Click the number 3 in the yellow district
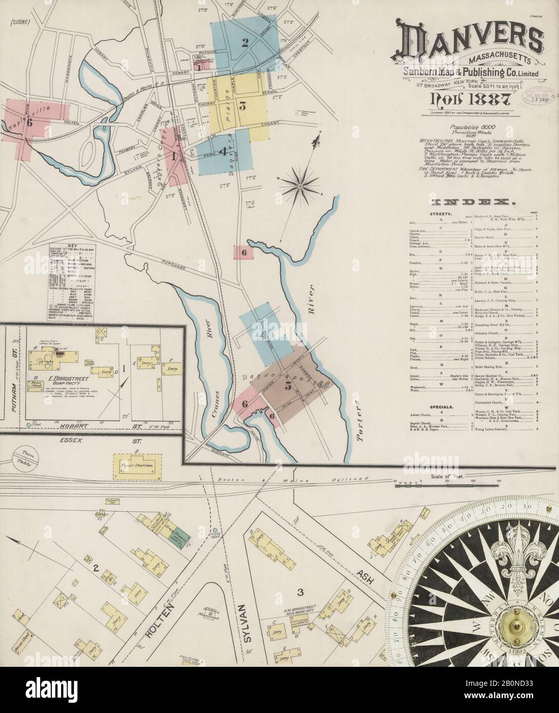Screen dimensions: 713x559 [243, 107]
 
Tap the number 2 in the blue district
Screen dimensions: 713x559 [245, 43]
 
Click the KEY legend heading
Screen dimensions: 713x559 [65, 247]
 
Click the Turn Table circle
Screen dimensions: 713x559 [23, 454]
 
